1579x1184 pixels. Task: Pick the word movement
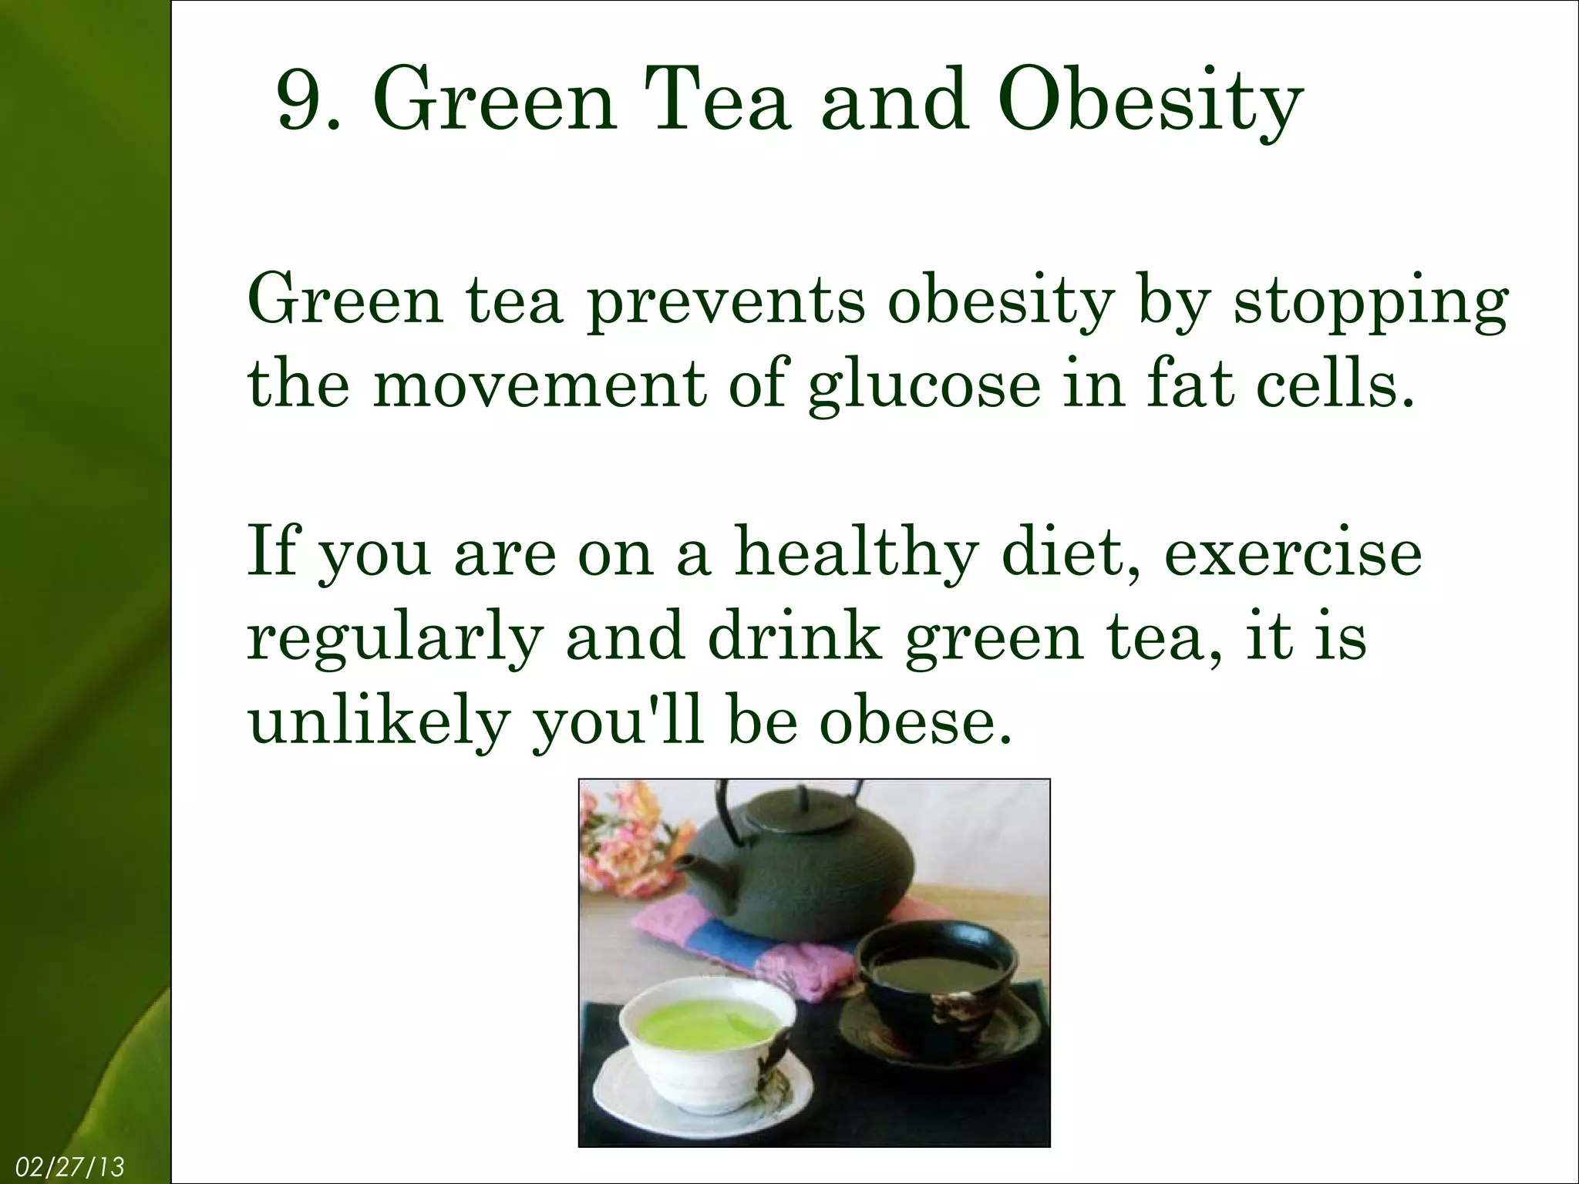[x=538, y=385]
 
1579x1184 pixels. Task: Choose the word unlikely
[x=379, y=723]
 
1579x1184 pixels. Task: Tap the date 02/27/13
[x=69, y=1167]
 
